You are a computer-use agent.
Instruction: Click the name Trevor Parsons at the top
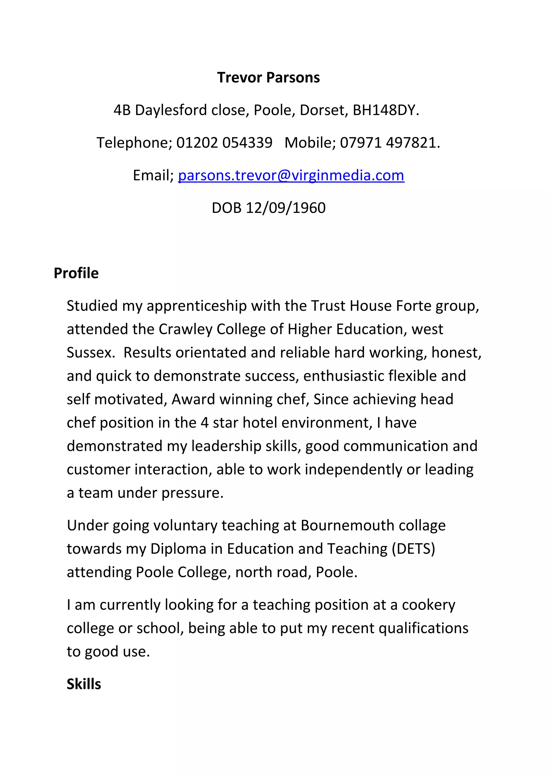(268, 78)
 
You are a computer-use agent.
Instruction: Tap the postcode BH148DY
(385, 110)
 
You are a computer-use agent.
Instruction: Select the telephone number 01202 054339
(224, 143)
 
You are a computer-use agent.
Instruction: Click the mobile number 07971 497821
(389, 143)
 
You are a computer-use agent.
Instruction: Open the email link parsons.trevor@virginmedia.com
(291, 175)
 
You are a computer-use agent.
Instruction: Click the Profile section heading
(76, 273)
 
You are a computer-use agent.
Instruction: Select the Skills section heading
(84, 684)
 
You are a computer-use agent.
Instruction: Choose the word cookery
(429, 605)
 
